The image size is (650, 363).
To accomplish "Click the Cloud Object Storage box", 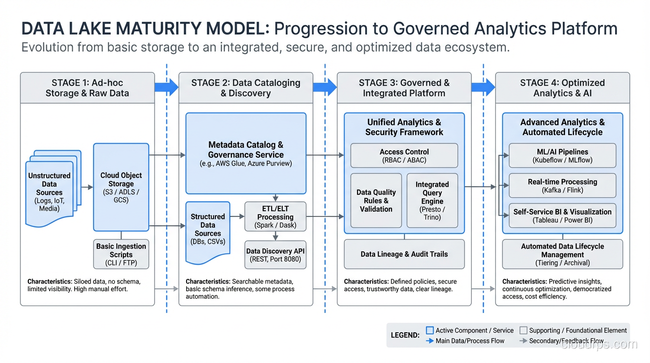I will click(121, 187).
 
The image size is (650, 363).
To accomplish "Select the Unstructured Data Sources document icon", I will click(50, 192).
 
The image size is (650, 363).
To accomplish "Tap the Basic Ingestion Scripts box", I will click(121, 254).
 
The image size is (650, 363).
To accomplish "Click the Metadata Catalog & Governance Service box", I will click(246, 153).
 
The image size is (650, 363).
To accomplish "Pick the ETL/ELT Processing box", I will click(275, 216).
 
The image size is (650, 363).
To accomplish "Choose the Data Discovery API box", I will click(275, 255).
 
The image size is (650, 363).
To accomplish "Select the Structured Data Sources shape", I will click(208, 229).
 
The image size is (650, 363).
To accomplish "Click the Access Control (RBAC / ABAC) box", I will click(404, 156).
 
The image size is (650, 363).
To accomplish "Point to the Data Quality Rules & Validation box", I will click(376, 200).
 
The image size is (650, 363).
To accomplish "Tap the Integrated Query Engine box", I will click(432, 200).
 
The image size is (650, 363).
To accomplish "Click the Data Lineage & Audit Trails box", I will click(404, 254).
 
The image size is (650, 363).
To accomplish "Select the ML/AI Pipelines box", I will click(562, 156).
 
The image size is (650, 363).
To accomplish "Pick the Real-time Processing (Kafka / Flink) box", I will click(562, 186).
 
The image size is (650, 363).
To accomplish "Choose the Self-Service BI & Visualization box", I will click(562, 216).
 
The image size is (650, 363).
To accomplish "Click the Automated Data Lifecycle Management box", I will click(562, 254).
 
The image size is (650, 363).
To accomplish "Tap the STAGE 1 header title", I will click(87, 88).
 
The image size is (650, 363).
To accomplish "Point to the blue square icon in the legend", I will click(430, 330).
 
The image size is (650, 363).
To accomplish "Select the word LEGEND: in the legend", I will click(405, 335).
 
